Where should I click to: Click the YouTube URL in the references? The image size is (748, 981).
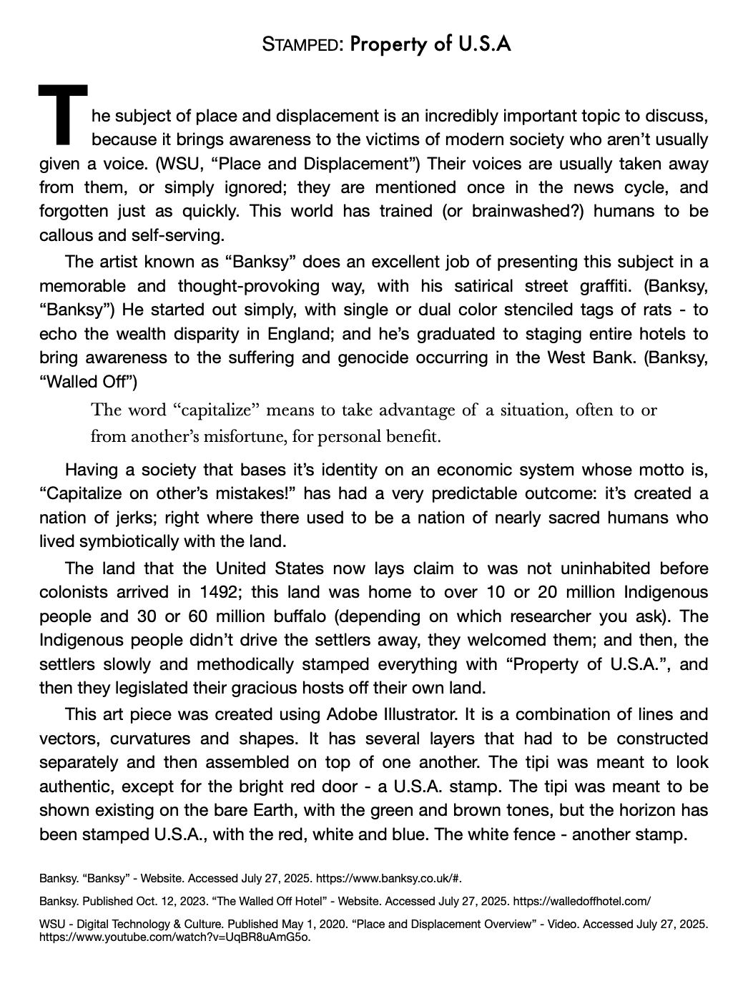point(175,936)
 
